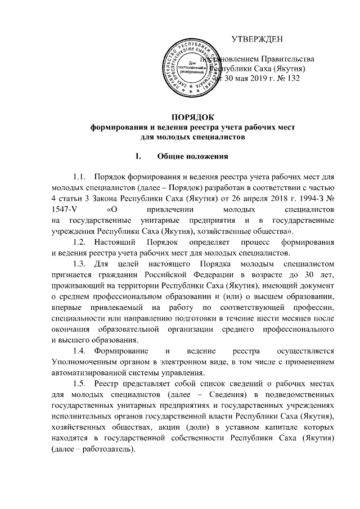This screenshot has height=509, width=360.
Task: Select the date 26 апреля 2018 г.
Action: tap(266, 200)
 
